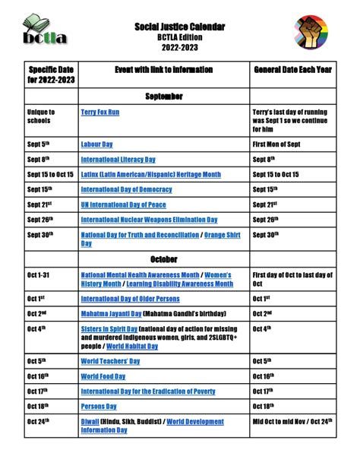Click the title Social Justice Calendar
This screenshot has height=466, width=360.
179,27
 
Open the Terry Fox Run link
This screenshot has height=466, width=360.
100,113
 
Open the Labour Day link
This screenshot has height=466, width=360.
97,144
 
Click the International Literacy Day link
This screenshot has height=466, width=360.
118,160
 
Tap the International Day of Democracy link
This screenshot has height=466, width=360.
126,189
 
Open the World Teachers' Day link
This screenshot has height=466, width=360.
110,361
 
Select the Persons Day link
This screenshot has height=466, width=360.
99,407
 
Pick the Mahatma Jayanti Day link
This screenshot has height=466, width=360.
112,313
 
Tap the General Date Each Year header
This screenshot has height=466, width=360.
293,70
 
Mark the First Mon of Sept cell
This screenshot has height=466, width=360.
282,144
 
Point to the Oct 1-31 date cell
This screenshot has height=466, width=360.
38,275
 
